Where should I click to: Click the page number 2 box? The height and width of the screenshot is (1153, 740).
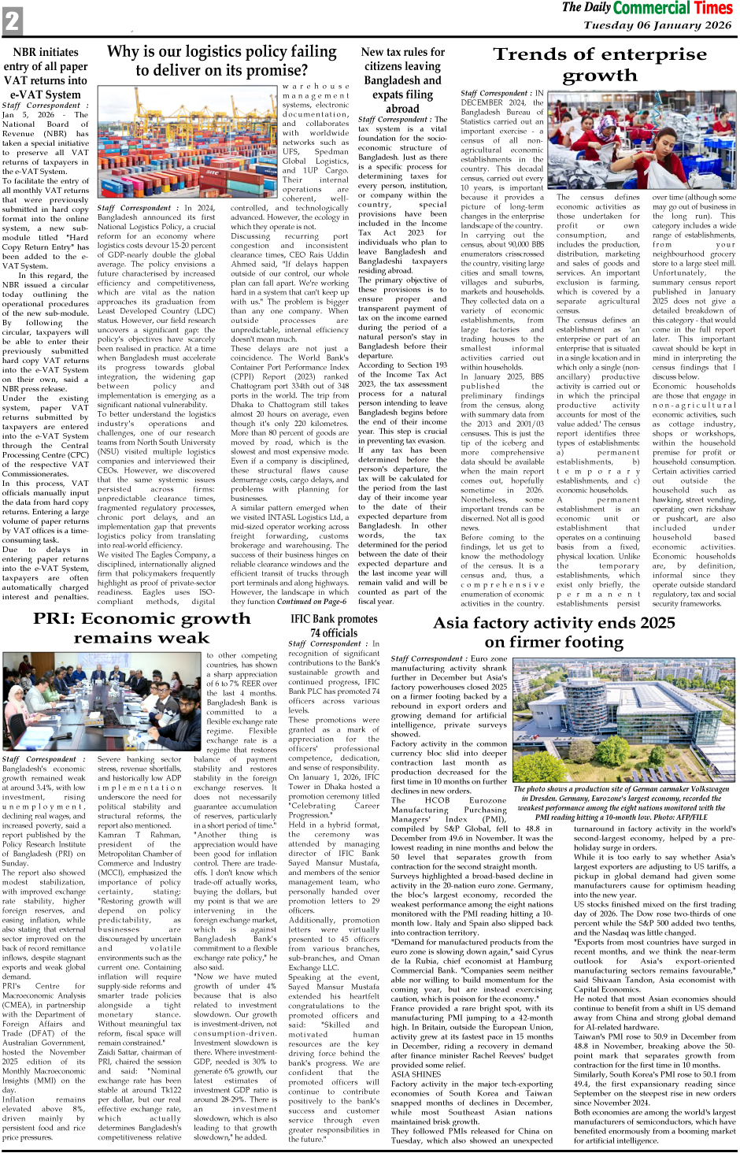pyautogui.click(x=12, y=20)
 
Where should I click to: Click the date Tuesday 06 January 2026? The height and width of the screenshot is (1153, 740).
pyautogui.click(x=657, y=24)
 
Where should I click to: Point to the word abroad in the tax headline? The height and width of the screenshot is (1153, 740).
pyautogui.click(x=402, y=109)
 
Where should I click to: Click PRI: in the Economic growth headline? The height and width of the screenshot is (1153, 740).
pyautogui.click(x=54, y=618)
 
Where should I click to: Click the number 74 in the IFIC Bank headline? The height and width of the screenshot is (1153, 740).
pyautogui.click(x=316, y=632)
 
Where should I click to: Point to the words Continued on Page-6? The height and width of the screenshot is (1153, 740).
pyautogui.click(x=312, y=601)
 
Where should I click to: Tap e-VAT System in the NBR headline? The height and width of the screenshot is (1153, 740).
pyautogui.click(x=46, y=95)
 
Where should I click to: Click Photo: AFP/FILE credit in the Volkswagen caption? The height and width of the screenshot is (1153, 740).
pyautogui.click(x=693, y=817)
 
